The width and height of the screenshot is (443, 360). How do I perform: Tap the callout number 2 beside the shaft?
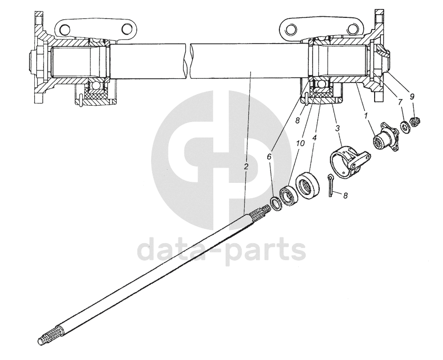point(246,166)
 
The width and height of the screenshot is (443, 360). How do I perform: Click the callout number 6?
point(270,156)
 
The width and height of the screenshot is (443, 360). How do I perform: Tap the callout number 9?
point(412,96)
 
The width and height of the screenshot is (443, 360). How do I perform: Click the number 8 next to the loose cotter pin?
point(345,196)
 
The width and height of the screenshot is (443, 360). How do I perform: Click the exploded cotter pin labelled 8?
point(330,187)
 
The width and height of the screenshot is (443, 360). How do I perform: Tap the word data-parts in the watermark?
point(221,251)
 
